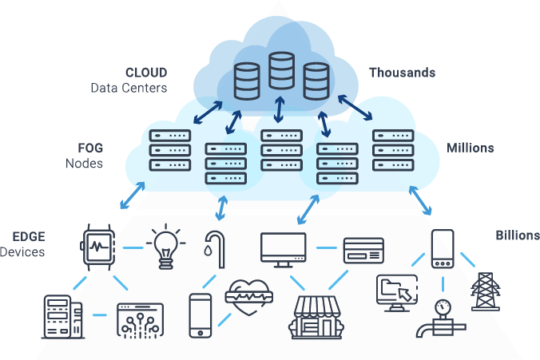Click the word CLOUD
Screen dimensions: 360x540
[146, 73]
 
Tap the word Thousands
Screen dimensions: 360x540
[402, 73]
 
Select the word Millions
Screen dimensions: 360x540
[470, 148]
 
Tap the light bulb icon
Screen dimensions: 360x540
[165, 244]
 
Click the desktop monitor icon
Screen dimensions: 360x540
[284, 249]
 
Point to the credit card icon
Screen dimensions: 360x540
[363, 251]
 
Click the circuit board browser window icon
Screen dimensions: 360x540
[139, 317]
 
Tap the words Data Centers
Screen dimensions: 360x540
[128, 88]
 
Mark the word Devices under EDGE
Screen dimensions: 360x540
[22, 252]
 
